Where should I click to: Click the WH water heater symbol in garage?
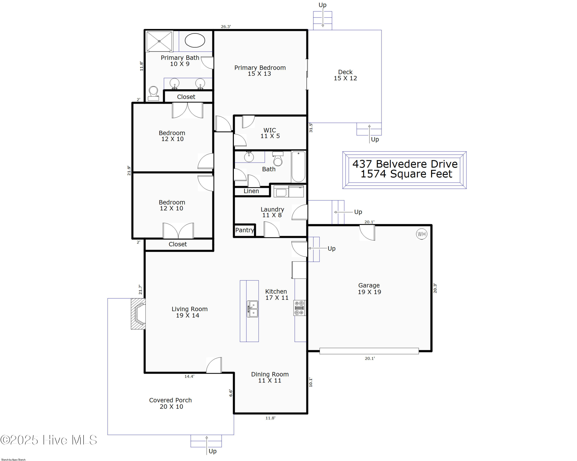coord(422,234)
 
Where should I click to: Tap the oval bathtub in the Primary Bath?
coord(195,40)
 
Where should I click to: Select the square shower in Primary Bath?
coord(159,41)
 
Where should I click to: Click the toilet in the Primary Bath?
coord(153,93)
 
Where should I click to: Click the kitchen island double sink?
coord(252,309)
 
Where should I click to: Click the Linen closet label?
coord(251,191)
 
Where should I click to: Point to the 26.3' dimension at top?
coord(226,27)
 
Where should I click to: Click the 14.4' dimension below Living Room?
coord(189,376)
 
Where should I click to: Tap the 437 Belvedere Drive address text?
coord(405,164)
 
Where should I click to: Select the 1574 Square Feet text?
coord(406,174)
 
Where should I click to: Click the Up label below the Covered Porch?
coord(213,451)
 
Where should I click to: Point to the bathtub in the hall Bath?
coord(298,166)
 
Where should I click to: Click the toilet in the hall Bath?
coord(278,159)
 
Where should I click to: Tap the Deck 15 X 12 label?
coord(345,75)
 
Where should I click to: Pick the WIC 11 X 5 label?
coord(270,133)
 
